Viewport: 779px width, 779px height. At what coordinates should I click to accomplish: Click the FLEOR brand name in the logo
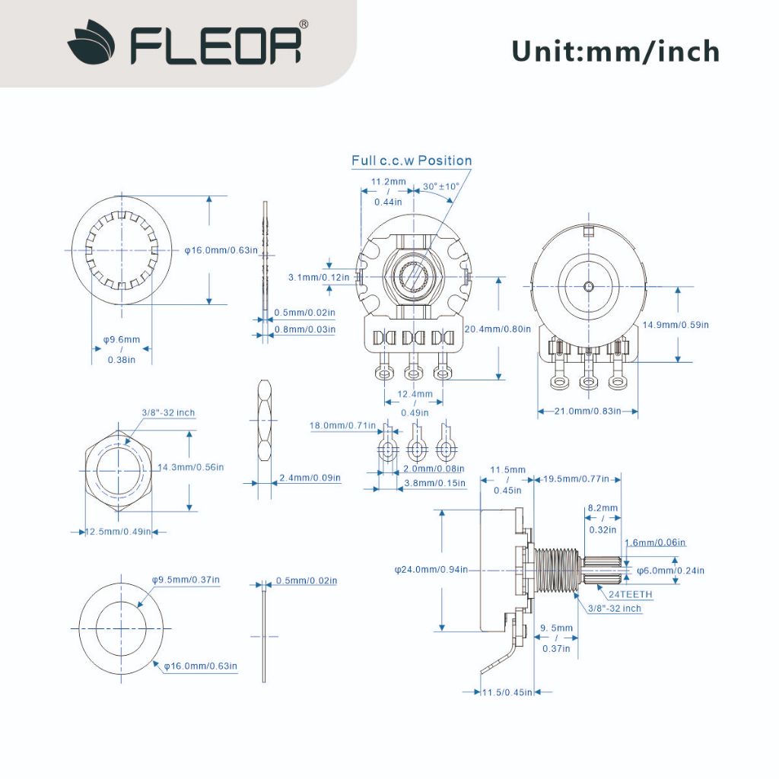tap(215, 46)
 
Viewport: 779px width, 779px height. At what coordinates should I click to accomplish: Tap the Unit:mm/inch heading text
tap(615, 52)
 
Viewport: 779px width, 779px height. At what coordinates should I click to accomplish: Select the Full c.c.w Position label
tap(412, 161)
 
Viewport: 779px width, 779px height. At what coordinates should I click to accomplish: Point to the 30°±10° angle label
tap(441, 186)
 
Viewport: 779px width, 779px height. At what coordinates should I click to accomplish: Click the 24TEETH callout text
tap(630, 594)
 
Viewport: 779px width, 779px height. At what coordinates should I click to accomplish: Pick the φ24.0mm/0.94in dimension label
tap(431, 569)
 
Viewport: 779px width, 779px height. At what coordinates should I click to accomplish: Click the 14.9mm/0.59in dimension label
tap(676, 325)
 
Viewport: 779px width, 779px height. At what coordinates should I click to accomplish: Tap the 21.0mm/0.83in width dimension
tap(588, 411)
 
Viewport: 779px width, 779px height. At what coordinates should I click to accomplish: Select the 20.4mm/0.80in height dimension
tap(498, 329)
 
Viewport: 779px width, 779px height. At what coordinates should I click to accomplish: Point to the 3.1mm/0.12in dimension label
tap(319, 277)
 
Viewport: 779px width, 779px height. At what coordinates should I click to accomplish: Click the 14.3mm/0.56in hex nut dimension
tap(191, 467)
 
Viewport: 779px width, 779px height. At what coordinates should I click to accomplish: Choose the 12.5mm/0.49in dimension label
tap(118, 532)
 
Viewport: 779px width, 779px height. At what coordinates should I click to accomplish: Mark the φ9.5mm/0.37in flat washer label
tap(186, 580)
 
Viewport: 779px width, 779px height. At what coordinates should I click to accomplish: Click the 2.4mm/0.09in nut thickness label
tap(310, 478)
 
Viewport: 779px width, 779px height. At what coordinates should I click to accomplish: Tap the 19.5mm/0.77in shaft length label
tap(576, 479)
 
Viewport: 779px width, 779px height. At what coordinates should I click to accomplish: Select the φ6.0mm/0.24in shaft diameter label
tap(671, 571)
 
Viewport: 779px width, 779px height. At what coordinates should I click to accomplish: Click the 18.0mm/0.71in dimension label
tap(343, 425)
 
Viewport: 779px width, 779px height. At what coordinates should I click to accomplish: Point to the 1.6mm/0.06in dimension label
tap(655, 542)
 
